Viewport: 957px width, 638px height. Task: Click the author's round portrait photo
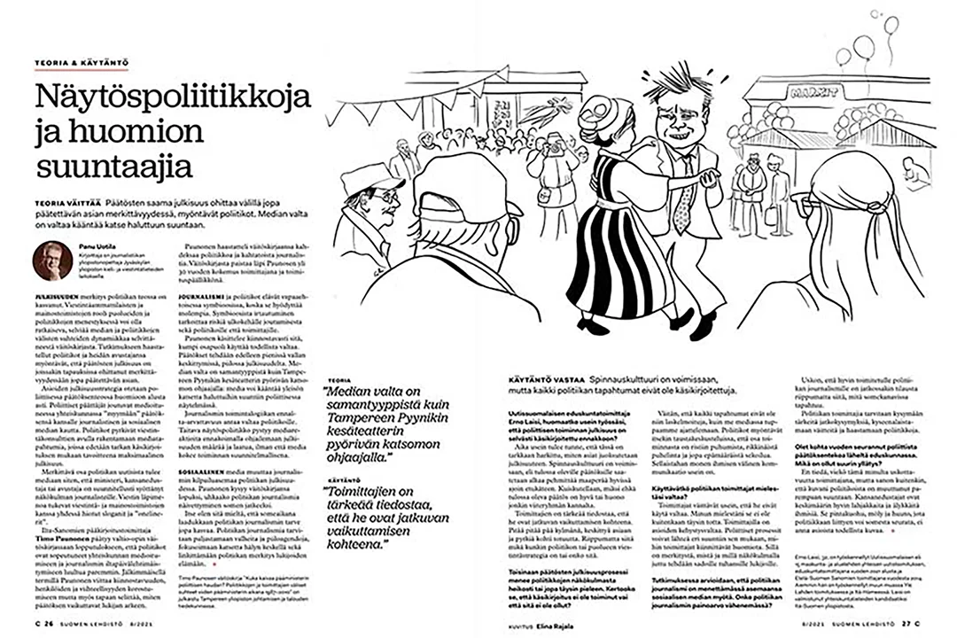pos(52,261)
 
